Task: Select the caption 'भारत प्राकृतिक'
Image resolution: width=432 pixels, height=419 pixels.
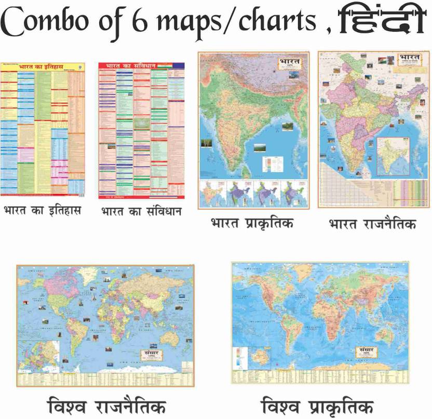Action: (x=252, y=224)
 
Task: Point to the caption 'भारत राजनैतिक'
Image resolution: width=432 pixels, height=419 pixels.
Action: (x=372, y=224)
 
